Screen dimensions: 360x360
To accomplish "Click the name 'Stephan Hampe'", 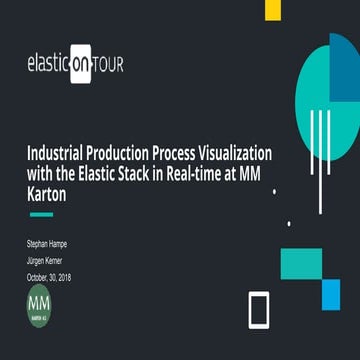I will tap(47, 243).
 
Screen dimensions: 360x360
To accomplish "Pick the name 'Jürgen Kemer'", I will tap(45, 260).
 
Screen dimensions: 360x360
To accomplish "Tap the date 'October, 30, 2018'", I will tap(49, 277).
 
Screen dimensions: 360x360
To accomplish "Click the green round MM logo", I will tap(40, 303).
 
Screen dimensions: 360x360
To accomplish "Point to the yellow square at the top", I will tap(272, 9).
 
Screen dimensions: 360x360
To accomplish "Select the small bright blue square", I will tap(331, 294).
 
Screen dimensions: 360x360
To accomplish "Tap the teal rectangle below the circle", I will tap(300, 264).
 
